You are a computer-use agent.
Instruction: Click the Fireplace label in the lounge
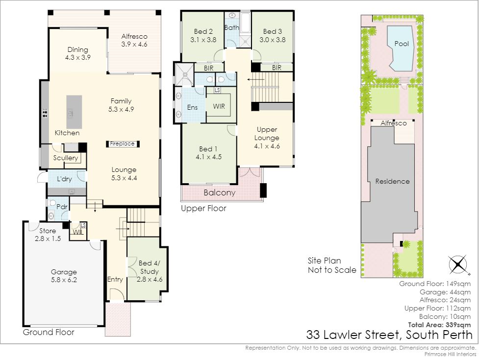click(122, 144)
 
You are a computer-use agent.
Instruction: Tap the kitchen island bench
click(74, 112)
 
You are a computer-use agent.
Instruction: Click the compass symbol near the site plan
click(457, 264)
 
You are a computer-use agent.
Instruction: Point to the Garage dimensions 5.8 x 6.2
click(64, 280)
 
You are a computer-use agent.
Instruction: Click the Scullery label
click(65, 158)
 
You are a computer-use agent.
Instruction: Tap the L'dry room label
click(64, 179)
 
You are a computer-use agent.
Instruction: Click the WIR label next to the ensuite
click(219, 106)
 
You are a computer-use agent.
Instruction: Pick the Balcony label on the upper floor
click(219, 193)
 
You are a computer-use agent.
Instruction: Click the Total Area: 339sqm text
click(439, 325)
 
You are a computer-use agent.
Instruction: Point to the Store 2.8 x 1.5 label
click(48, 235)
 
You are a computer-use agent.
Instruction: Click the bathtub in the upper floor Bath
click(245, 23)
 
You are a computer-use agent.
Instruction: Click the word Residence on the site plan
click(392, 182)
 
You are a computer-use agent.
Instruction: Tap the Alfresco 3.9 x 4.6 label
click(134, 40)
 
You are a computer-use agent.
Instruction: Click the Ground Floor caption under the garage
click(49, 332)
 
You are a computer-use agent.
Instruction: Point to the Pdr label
click(62, 207)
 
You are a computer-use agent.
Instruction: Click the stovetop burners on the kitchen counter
click(45, 113)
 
